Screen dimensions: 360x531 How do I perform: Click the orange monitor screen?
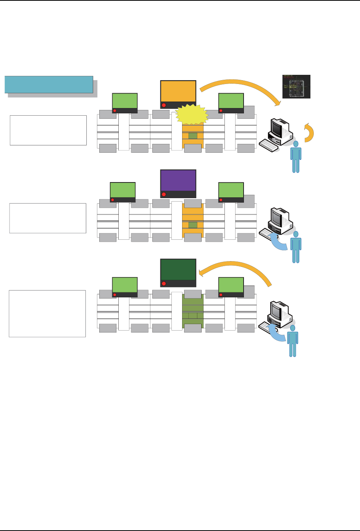click(178, 91)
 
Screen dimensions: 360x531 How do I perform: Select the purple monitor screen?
click(178, 180)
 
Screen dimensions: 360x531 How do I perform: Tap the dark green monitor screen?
click(178, 270)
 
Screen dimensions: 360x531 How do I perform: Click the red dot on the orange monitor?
click(164, 105)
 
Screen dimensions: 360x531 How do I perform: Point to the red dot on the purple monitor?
click(164, 194)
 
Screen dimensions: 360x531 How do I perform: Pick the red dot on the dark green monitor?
click(164, 284)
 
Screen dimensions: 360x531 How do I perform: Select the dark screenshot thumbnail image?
click(296, 87)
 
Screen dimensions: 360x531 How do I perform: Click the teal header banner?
click(49, 84)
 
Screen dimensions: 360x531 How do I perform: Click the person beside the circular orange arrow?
click(296, 156)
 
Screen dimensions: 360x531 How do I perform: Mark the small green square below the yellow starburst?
click(193, 136)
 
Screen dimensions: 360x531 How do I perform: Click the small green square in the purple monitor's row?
click(193, 225)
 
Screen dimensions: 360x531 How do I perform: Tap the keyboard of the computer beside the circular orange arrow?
click(269, 145)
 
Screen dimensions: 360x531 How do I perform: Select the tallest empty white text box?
click(47, 313)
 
